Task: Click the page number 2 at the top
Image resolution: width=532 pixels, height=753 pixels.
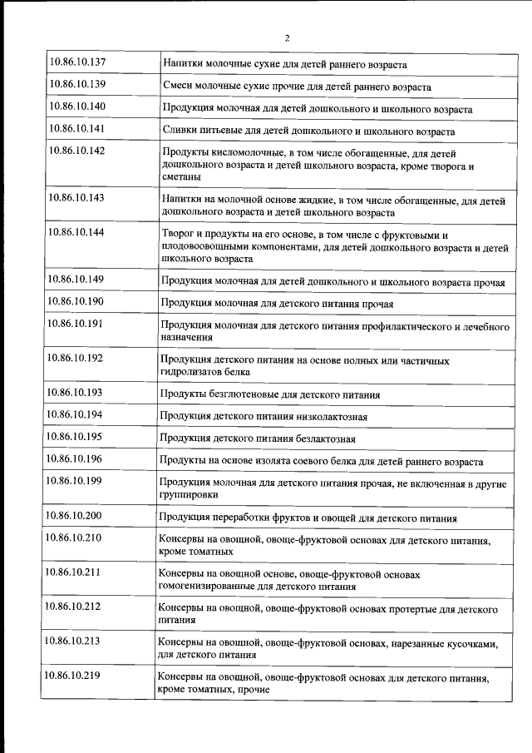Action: click(287, 37)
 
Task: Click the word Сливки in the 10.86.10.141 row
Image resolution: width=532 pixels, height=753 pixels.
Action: click(179, 131)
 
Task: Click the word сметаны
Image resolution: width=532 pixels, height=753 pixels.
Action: click(182, 177)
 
